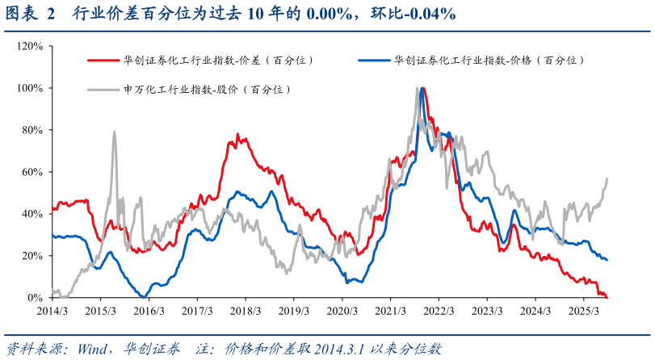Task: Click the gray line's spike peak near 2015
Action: click(114, 132)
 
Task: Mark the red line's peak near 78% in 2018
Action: click(237, 135)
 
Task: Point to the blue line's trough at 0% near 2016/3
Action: click(142, 297)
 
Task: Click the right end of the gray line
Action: click(607, 178)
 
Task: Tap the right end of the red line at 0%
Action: click(607, 297)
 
